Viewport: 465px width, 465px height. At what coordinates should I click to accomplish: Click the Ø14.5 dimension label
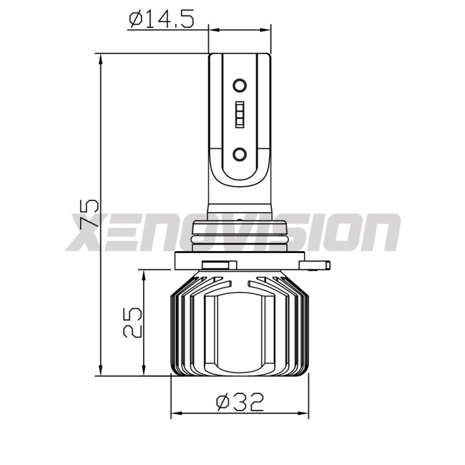coord(161,19)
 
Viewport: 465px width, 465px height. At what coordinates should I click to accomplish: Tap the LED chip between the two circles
coord(240,117)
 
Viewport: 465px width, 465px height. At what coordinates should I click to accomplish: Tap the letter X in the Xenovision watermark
coord(87,233)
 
